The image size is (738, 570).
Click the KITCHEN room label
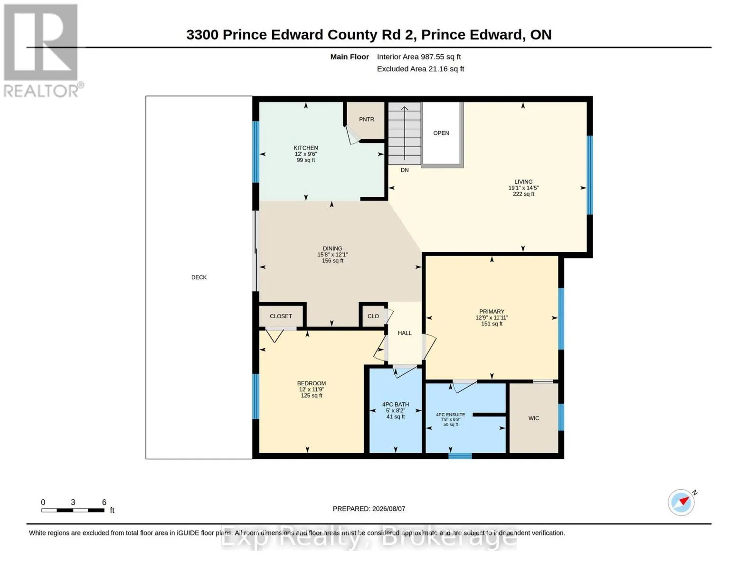pyautogui.click(x=306, y=148)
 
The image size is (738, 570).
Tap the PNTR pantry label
pyautogui.click(x=367, y=119)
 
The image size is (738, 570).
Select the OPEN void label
pyautogui.click(x=441, y=133)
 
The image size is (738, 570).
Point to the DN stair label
pyautogui.click(x=405, y=170)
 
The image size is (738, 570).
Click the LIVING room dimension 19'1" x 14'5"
pyautogui.click(x=523, y=188)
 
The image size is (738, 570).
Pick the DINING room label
pyautogui.click(x=332, y=248)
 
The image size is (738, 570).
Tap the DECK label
pyautogui.click(x=199, y=277)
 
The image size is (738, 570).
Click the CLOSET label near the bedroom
pyautogui.click(x=281, y=316)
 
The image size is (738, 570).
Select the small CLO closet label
pyautogui.click(x=373, y=316)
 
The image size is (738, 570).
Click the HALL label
pyautogui.click(x=405, y=333)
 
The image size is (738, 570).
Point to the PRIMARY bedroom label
pyautogui.click(x=492, y=312)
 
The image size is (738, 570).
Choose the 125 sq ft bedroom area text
pyautogui.click(x=312, y=395)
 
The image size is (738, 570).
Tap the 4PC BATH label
pyautogui.click(x=395, y=404)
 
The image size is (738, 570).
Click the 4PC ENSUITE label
pyautogui.click(x=450, y=414)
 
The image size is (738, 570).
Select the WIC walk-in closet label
pyautogui.click(x=533, y=418)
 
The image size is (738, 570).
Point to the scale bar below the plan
pyautogui.click(x=73, y=510)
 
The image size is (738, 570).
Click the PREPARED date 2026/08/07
pyautogui.click(x=388, y=509)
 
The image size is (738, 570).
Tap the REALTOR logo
pyautogui.click(x=42, y=51)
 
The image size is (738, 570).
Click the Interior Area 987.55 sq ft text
pyautogui.click(x=419, y=57)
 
